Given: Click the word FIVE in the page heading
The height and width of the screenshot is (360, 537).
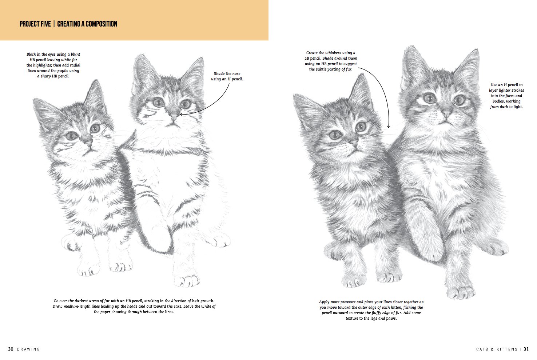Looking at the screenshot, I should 44,24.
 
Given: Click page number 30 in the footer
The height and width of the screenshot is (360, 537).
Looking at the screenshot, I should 11,349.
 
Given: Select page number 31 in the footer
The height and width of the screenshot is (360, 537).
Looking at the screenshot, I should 526,349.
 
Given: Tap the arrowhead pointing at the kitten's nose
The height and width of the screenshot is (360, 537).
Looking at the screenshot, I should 181,114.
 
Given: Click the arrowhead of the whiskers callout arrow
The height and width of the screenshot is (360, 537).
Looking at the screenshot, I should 389,127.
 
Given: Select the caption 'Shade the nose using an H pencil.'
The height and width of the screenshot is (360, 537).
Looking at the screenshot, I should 227,76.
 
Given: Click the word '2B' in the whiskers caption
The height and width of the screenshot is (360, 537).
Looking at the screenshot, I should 307,58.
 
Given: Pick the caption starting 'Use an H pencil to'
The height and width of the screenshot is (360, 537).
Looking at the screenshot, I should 506,96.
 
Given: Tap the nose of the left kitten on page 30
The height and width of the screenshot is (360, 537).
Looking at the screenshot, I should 88,142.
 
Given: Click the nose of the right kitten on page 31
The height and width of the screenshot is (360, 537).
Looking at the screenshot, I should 447,115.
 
